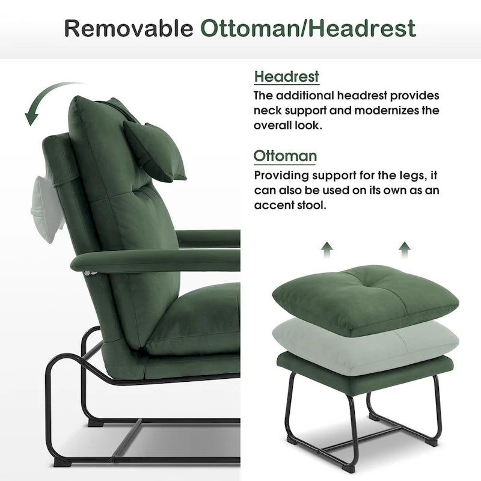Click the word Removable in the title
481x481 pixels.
(x=128, y=28)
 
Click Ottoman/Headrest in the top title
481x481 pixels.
(x=308, y=28)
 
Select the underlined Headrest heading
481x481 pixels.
(x=286, y=77)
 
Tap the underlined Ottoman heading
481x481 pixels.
(x=285, y=156)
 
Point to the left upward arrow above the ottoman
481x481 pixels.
(x=326, y=249)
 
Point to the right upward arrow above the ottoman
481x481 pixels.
(x=405, y=249)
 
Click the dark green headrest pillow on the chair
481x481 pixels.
(x=154, y=150)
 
